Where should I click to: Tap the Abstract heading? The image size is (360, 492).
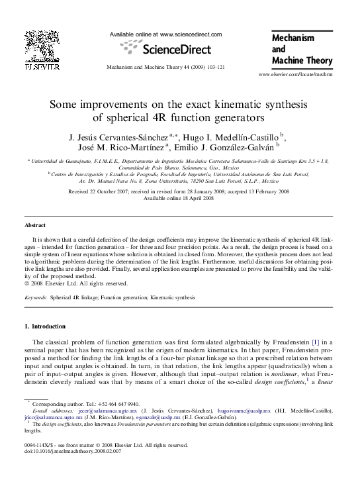(x=35, y=225)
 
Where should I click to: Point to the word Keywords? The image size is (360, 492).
(x=35, y=299)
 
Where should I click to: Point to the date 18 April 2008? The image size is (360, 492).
(x=197, y=198)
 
